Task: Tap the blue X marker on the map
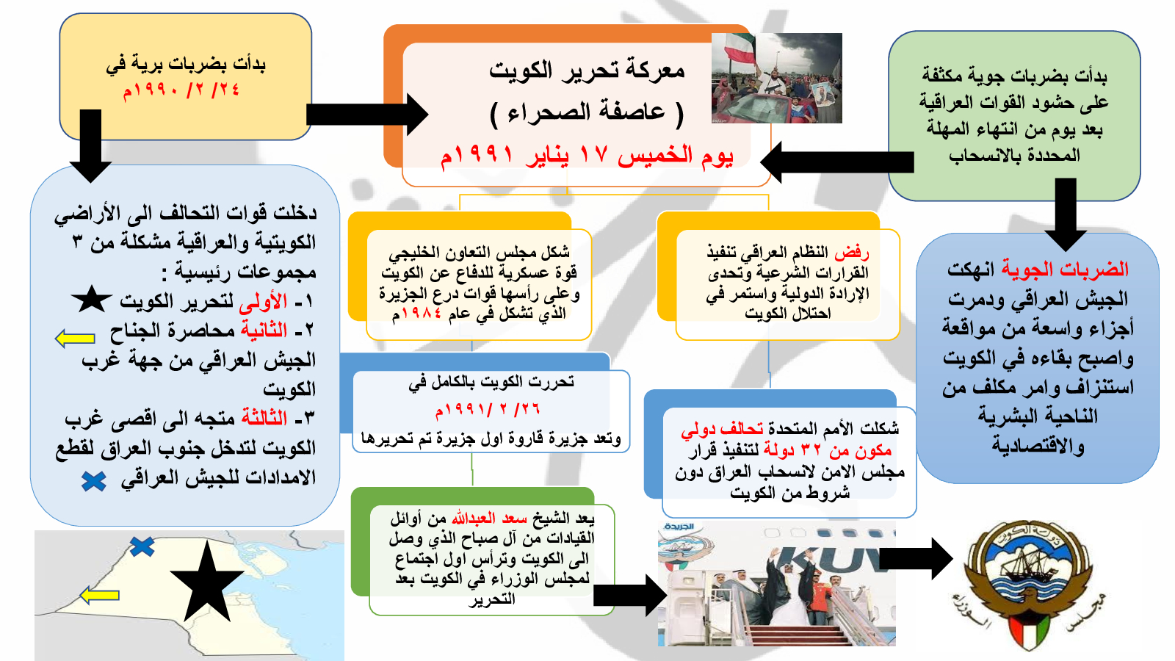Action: pyautogui.click(x=142, y=546)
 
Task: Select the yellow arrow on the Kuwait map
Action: pyautogui.click(x=100, y=596)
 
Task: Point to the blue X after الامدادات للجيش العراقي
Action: pyautogui.click(x=94, y=481)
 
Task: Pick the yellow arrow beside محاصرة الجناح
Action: pyautogui.click(x=75, y=339)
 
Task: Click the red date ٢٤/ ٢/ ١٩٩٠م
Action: pyautogui.click(x=181, y=90)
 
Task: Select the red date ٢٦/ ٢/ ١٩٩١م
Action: pyautogui.click(x=488, y=410)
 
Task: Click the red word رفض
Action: pyautogui.click(x=852, y=253)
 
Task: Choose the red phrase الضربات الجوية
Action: pyautogui.click(x=1065, y=269)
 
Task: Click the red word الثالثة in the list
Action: pyautogui.click(x=264, y=418)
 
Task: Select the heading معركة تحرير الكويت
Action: pyautogui.click(x=587, y=71)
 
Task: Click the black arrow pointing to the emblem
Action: pyautogui.click(x=916, y=559)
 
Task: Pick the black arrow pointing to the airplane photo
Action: pyautogui.click(x=630, y=596)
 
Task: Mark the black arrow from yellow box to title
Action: pyautogui.click(x=367, y=115)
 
